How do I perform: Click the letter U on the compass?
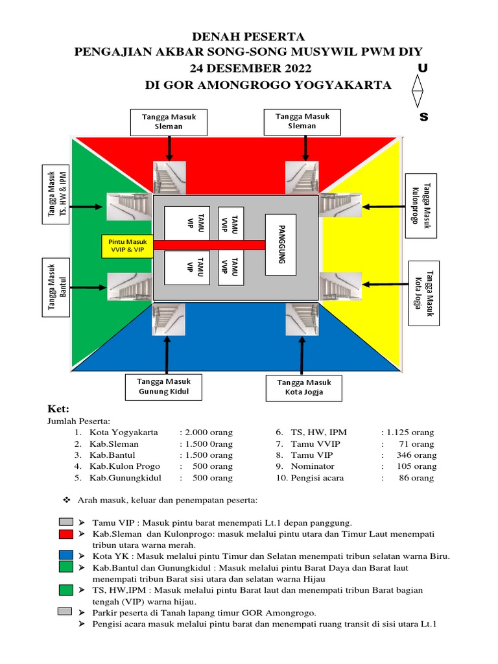pos(422,68)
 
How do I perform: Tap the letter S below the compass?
pos(425,117)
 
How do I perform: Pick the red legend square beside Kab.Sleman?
pos(65,534)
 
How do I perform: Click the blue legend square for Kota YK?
pos(65,556)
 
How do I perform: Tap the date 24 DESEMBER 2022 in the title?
pos(250,69)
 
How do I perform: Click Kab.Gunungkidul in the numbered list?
pos(125,478)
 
